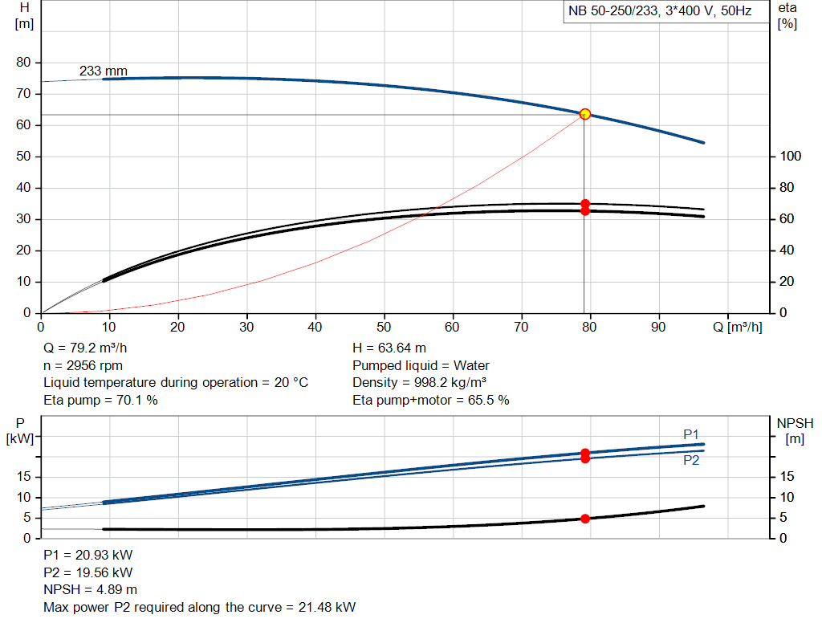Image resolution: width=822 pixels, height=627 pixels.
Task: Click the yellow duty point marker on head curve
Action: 585,114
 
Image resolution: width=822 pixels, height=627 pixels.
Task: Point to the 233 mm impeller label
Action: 103,71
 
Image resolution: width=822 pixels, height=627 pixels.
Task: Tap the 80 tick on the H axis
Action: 22,63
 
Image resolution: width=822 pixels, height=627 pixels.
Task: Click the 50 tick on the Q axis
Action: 385,328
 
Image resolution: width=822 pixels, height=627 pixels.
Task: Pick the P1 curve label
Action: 691,434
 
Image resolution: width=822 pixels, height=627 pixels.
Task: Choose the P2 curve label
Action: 691,461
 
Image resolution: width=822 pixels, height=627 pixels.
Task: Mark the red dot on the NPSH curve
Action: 585,519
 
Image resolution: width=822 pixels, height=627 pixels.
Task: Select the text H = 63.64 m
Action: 389,349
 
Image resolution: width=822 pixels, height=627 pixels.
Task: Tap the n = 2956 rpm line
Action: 83,366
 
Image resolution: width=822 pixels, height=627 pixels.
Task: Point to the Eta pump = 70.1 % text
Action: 100,400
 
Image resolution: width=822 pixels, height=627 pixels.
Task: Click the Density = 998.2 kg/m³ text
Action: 421,383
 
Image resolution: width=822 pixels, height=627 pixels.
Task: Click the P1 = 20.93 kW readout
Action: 87,556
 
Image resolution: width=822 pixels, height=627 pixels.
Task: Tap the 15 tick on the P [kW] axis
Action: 22,478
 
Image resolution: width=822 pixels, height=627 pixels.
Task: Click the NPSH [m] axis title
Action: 795,430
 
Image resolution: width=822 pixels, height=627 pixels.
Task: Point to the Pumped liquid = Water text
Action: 421,366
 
